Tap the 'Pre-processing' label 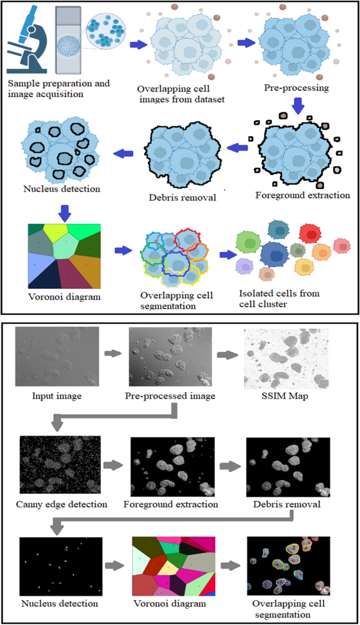coord(297,88)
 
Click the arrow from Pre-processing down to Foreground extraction coord(297,107)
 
